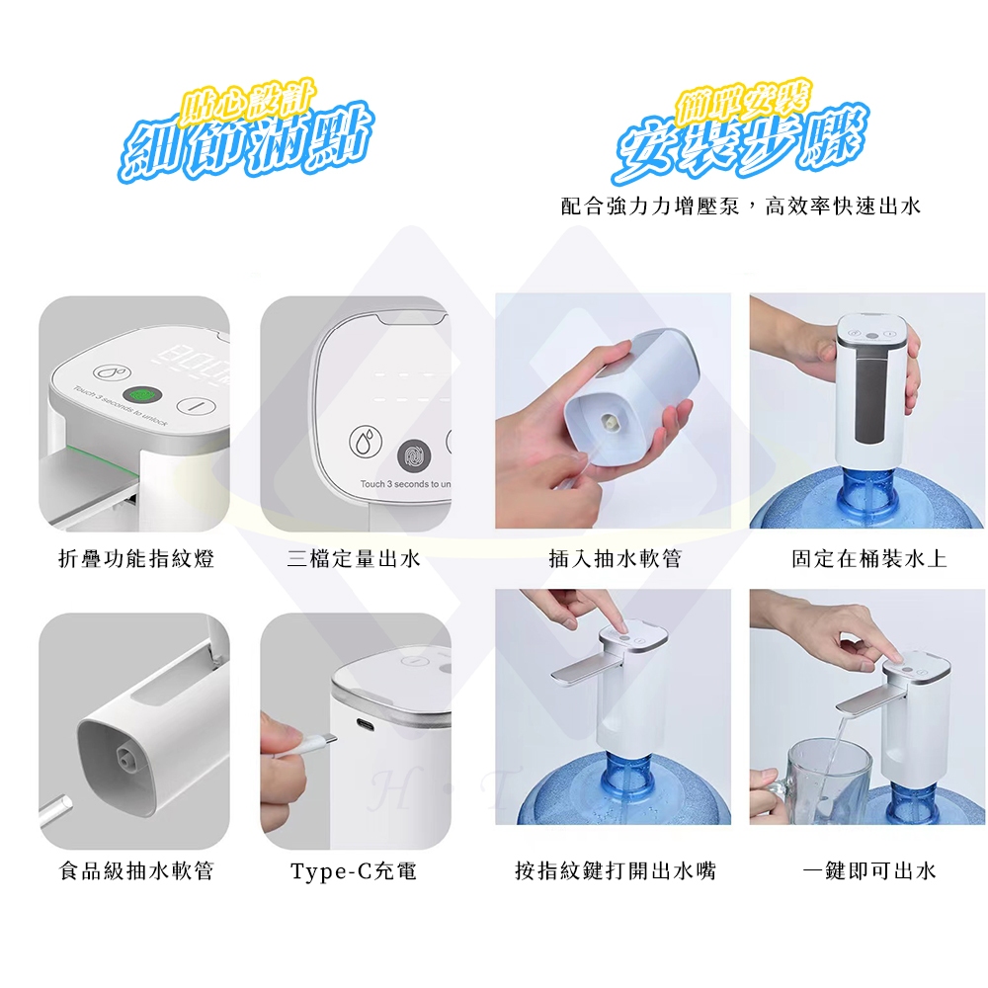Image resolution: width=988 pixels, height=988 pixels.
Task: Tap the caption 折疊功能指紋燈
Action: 136,559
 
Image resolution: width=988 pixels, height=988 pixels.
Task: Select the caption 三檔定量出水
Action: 354,559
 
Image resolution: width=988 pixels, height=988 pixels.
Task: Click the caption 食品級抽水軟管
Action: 136,870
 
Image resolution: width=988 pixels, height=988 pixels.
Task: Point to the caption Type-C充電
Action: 354,870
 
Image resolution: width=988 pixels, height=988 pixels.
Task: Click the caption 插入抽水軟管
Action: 615,559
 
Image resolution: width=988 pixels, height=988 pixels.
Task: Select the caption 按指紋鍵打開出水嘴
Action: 615,870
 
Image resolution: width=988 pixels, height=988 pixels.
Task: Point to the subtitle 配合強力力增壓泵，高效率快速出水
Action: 740,206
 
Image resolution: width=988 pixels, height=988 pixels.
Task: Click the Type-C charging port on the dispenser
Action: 368,725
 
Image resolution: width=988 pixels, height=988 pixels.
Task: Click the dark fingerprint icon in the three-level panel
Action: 412,454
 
